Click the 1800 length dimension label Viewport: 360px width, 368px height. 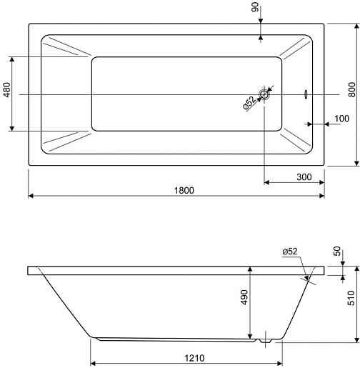click(x=184, y=190)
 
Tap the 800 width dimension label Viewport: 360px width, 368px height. click(x=351, y=89)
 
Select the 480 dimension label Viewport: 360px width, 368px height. click(x=7, y=90)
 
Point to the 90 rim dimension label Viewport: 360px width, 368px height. click(x=255, y=7)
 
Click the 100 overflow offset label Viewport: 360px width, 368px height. click(x=341, y=119)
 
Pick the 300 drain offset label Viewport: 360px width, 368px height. click(x=304, y=177)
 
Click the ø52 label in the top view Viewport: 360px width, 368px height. click(x=249, y=103)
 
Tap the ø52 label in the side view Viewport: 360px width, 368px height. click(x=290, y=252)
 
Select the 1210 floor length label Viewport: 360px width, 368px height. click(x=194, y=358)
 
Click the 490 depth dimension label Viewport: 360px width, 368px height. click(x=244, y=297)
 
